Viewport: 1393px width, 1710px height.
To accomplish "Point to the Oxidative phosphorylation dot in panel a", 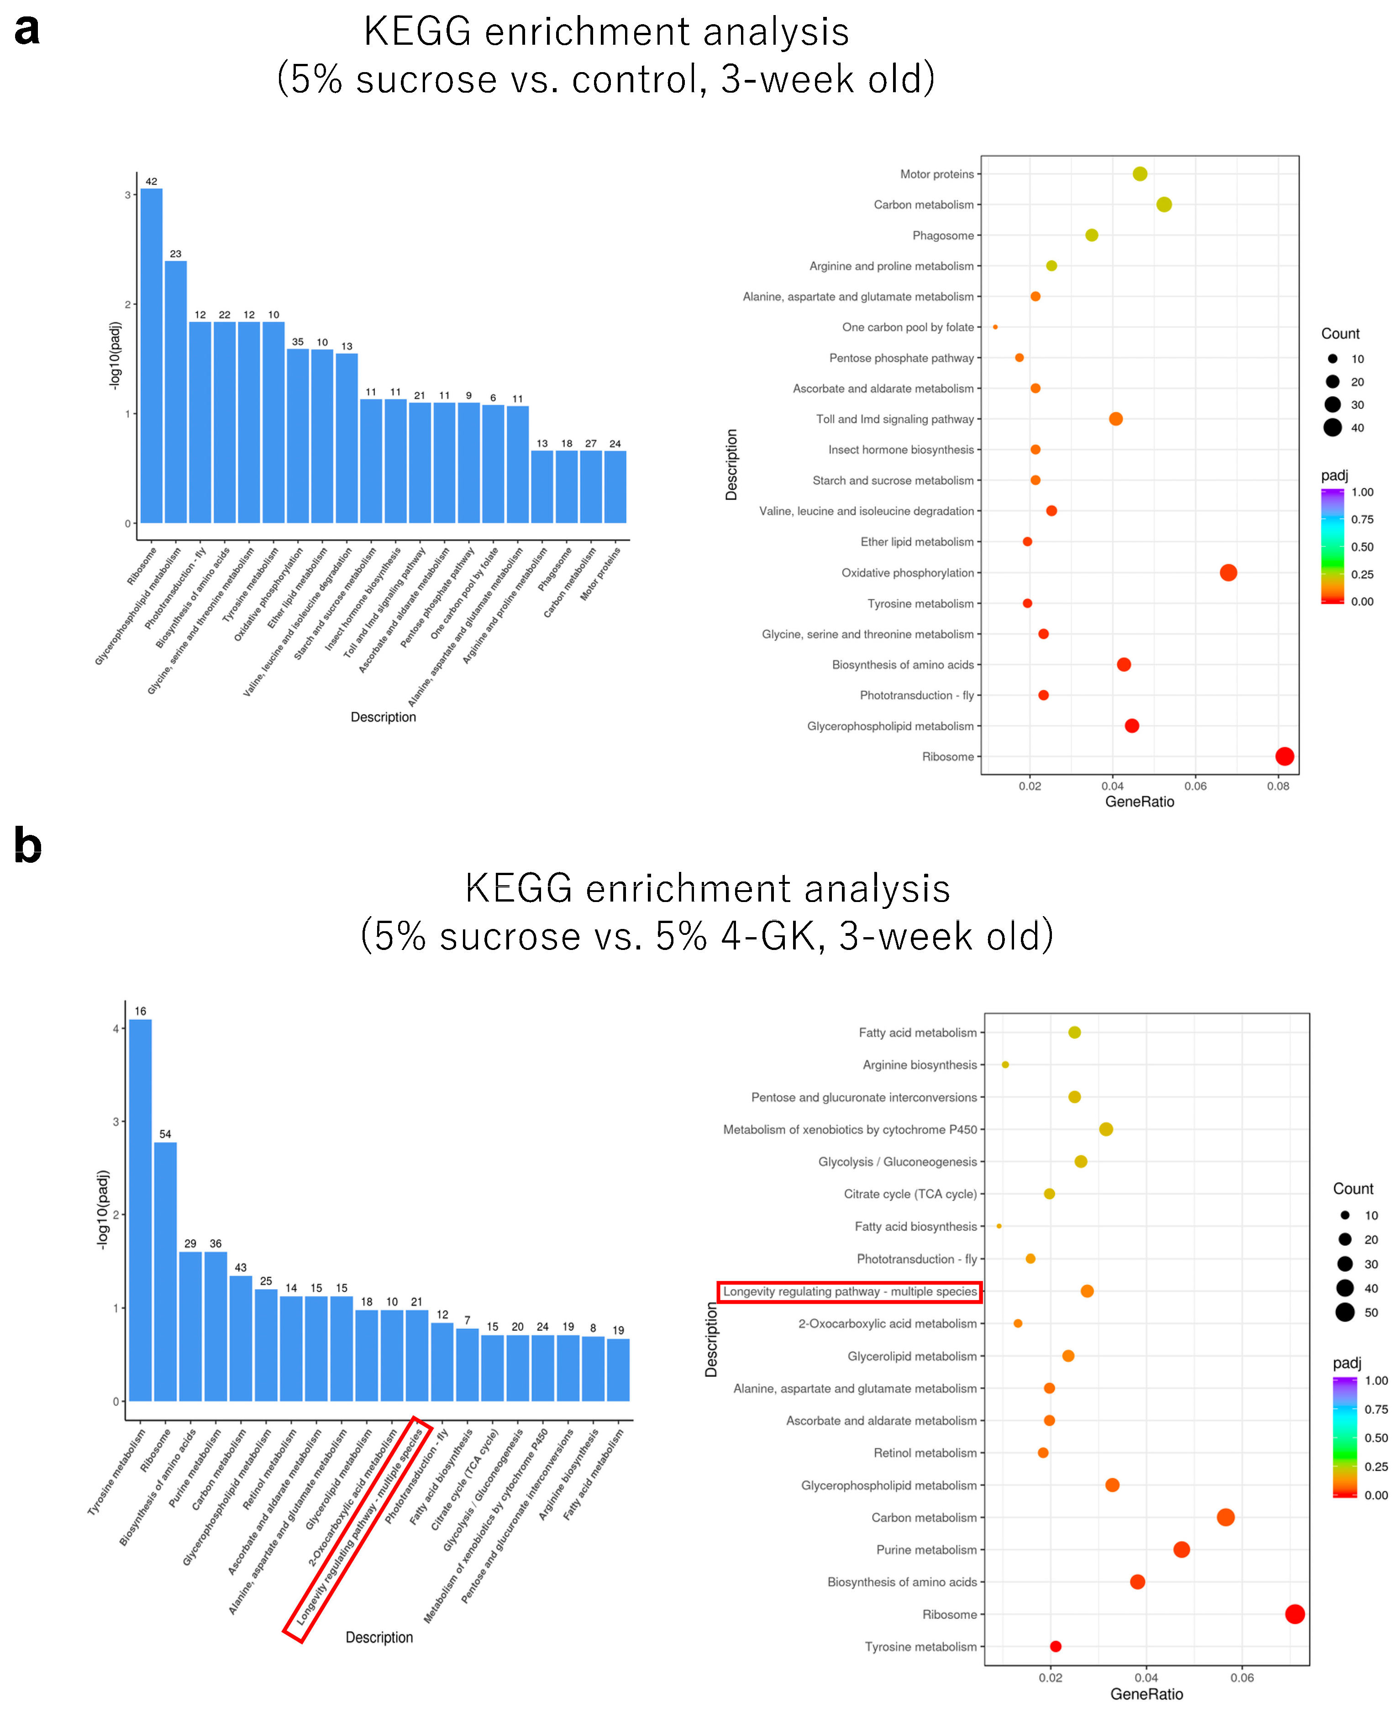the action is [x=1228, y=573].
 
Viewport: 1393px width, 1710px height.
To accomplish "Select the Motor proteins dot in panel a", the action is [x=1140, y=174].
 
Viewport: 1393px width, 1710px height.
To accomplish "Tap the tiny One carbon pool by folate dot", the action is [x=995, y=327].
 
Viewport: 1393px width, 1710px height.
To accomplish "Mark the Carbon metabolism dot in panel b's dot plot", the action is [x=1225, y=1517].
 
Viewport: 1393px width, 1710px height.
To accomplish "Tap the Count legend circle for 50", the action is [x=1345, y=1312].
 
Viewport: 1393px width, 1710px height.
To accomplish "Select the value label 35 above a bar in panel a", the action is [x=298, y=341].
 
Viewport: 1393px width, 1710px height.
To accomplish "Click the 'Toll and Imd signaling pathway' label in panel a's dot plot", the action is [x=895, y=420].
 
